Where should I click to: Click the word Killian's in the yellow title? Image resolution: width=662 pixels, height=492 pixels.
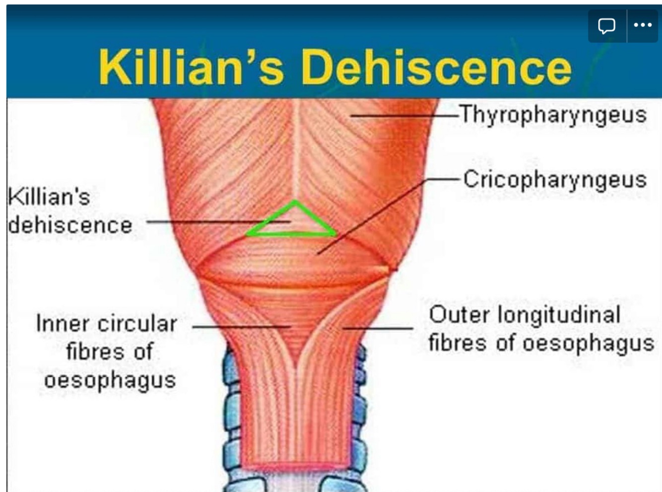click(191, 67)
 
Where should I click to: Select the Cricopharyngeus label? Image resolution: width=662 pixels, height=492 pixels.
click(555, 180)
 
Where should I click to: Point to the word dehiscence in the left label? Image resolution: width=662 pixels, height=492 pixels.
click(70, 225)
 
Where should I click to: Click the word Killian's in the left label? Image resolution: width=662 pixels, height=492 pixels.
click(49, 197)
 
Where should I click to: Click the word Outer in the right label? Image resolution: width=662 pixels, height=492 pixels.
click(460, 315)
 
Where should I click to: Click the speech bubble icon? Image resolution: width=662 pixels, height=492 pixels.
click(606, 25)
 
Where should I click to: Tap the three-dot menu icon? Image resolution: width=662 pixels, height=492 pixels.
click(643, 25)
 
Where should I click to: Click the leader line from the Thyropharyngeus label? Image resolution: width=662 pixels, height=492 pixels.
click(404, 116)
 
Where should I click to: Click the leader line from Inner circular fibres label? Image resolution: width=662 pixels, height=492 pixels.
click(241, 327)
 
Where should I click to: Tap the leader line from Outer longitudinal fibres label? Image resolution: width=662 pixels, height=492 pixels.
click(378, 328)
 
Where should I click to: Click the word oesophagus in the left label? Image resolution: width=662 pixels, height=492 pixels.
click(110, 381)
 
